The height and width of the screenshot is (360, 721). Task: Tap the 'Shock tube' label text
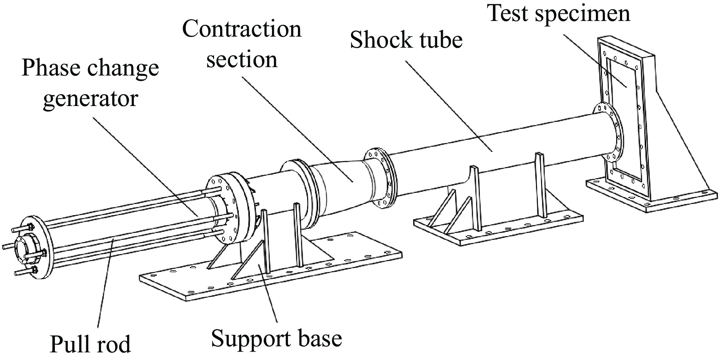pos(406,40)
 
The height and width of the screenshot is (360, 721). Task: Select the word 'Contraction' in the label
pos(242,29)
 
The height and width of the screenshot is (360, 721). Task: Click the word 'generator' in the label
pos(90,98)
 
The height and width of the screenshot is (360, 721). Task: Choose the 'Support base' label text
pos(276,338)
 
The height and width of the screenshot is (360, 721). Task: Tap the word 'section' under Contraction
pos(242,60)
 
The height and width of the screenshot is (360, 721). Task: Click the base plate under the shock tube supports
pos(496,229)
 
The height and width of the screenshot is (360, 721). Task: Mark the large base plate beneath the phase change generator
pos(267,275)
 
